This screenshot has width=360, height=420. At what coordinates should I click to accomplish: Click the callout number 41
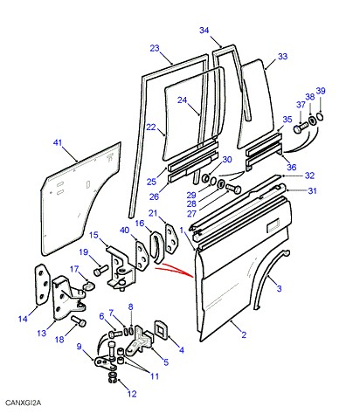[x=58, y=142]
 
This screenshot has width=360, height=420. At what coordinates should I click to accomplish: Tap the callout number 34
[x=204, y=30]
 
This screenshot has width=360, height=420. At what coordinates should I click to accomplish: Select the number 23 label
[x=155, y=48]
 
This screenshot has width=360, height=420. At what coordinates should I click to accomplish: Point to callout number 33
[x=282, y=56]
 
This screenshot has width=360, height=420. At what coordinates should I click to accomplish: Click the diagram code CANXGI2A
[x=24, y=403]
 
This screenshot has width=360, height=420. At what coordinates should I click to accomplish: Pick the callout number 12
[x=132, y=394]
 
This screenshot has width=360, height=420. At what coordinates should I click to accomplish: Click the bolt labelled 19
[x=100, y=271]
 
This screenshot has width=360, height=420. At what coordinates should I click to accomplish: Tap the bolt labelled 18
[x=79, y=320]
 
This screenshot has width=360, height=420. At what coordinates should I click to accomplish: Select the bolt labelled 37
[x=301, y=127]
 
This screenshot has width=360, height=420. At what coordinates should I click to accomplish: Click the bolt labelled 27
[x=233, y=189]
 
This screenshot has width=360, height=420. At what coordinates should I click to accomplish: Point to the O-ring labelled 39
[x=320, y=117]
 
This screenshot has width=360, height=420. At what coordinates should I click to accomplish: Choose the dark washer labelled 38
[x=311, y=120]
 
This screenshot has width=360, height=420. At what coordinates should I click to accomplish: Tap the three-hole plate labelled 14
[x=41, y=284]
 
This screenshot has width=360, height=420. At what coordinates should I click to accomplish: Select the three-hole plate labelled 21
[x=172, y=240]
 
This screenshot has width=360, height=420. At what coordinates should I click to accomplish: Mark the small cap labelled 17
[x=88, y=286]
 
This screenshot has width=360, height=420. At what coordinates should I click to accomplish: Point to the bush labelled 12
[x=112, y=376]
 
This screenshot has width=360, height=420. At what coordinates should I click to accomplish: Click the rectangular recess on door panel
[x=273, y=225]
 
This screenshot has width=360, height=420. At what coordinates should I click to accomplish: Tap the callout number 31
[x=312, y=190]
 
